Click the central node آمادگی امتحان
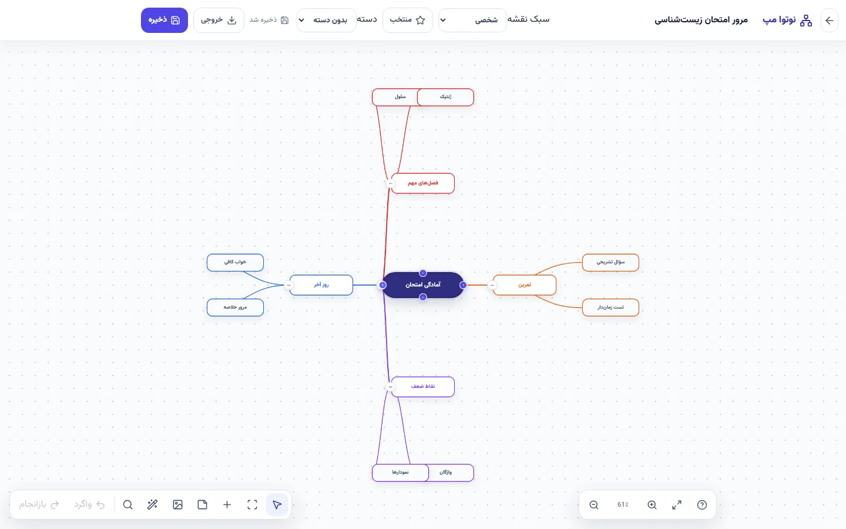(x=422, y=285)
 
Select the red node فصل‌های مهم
(x=422, y=183)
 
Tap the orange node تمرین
(x=525, y=285)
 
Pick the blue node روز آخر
(x=321, y=285)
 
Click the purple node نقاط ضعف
(x=422, y=387)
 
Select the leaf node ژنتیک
(x=446, y=97)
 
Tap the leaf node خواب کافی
(x=235, y=262)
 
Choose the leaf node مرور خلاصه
(x=235, y=307)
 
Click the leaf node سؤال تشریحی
(x=610, y=262)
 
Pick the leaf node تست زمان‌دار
(x=610, y=307)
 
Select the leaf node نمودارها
(x=400, y=473)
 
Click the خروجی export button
(x=219, y=20)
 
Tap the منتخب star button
(x=408, y=20)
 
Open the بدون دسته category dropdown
(x=326, y=20)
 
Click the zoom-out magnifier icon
(x=594, y=505)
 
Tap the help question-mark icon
(x=701, y=505)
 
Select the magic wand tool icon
(x=152, y=505)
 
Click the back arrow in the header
(x=830, y=20)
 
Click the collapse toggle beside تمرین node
(x=492, y=285)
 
